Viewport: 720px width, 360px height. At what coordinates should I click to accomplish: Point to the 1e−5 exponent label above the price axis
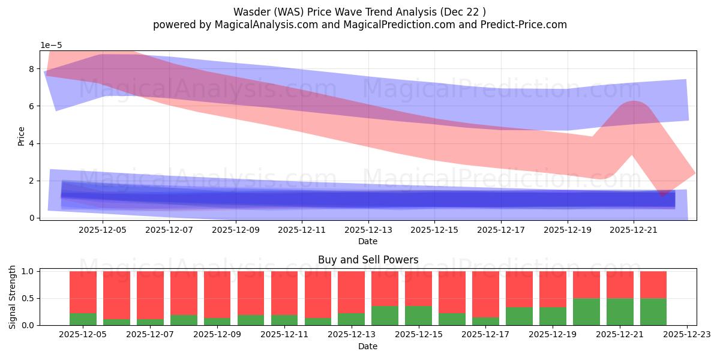coord(51,45)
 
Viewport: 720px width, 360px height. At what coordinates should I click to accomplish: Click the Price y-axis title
coord(22,136)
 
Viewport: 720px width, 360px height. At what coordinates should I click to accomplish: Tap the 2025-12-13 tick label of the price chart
coord(368,229)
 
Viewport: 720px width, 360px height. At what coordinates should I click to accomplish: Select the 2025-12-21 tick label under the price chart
coord(634,229)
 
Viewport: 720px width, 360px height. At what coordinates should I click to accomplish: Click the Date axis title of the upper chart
coord(368,241)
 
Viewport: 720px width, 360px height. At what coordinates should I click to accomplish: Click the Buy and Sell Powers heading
coord(368,260)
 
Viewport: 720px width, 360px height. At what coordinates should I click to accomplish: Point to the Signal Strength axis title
coord(13,297)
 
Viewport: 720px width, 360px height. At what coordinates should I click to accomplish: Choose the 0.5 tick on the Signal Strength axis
coord(29,298)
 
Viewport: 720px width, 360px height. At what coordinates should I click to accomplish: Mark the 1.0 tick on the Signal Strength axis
coord(29,271)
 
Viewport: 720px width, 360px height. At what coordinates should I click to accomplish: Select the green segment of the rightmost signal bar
coord(653,312)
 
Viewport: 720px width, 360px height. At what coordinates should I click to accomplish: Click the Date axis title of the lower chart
coord(368,346)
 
